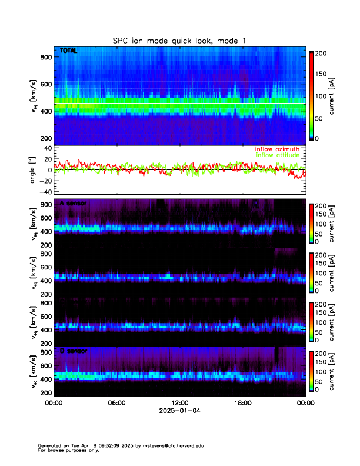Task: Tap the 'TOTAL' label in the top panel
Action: (x=69, y=51)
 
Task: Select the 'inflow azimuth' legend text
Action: (x=277, y=149)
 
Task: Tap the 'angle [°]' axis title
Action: (x=34, y=169)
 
